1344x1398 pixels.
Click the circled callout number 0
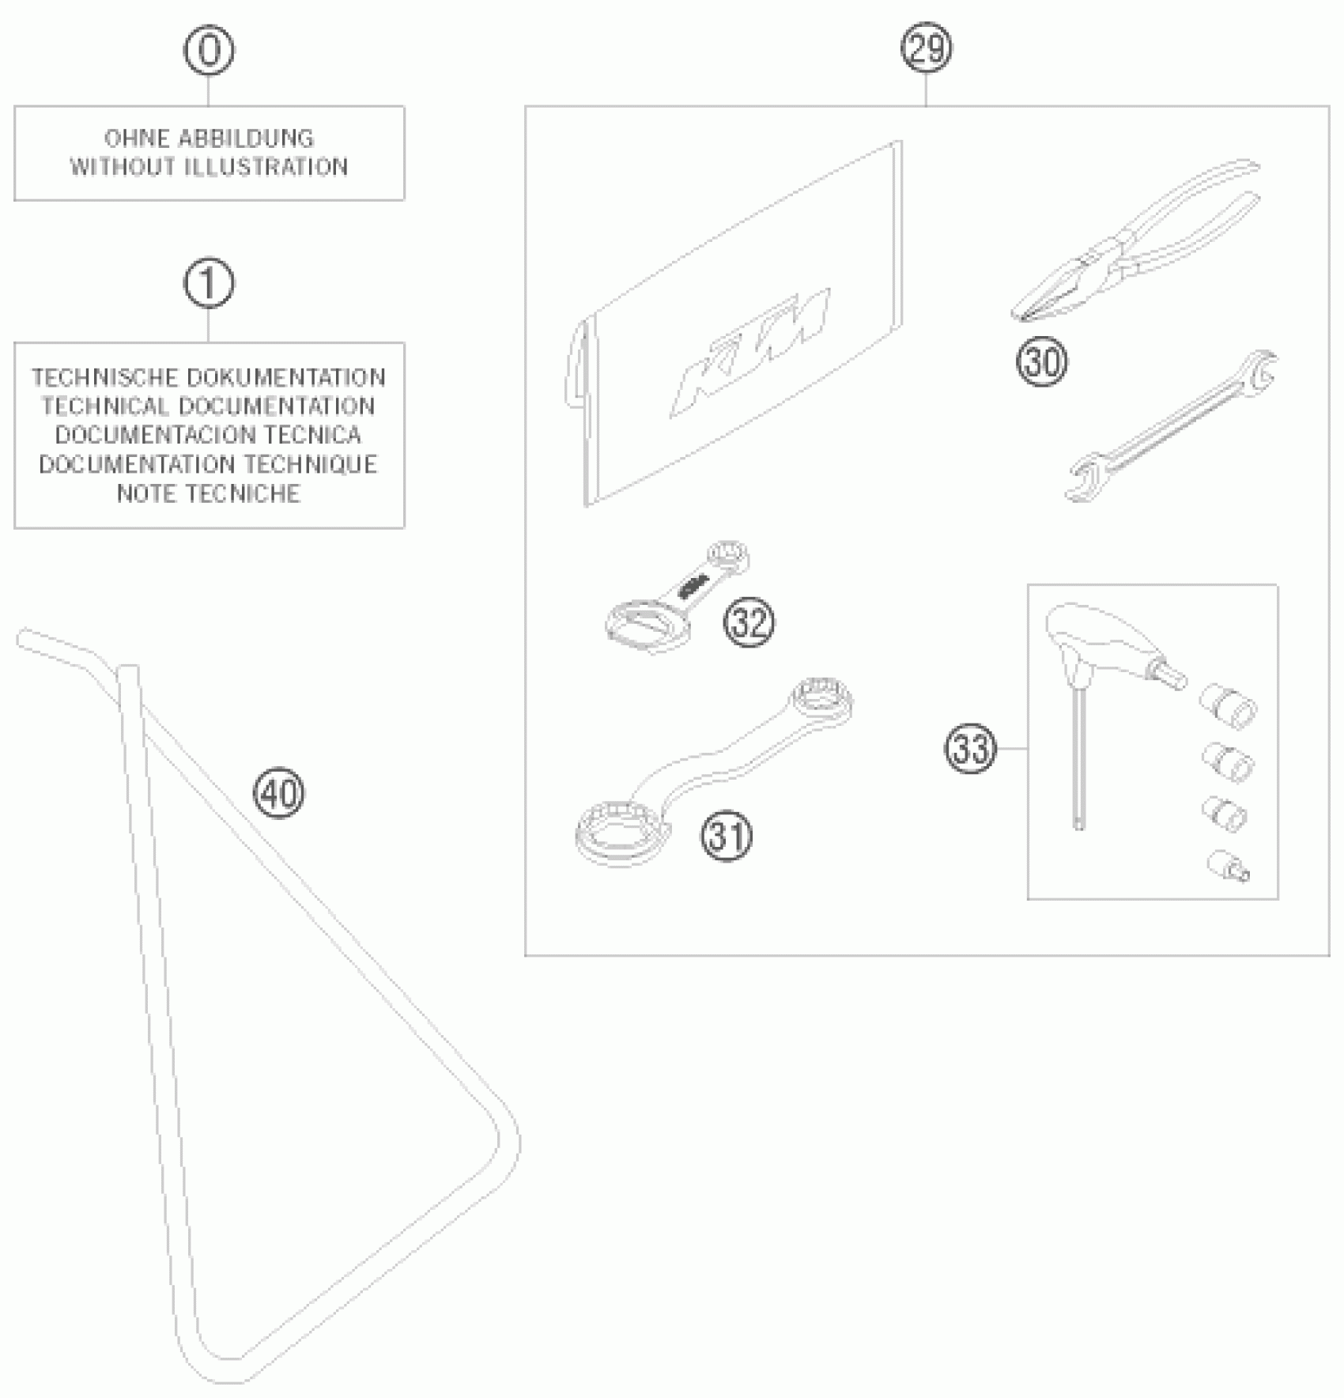[209, 51]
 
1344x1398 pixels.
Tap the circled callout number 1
[209, 283]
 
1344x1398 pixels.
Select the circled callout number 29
[927, 49]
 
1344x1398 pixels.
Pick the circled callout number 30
[1042, 362]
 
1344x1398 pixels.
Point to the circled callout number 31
[727, 836]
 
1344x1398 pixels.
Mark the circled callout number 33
[971, 748]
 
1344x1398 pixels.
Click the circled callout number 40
[279, 792]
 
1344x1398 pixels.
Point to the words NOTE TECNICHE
[209, 493]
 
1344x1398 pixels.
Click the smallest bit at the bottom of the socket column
[1228, 866]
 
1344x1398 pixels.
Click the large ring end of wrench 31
[621, 832]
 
